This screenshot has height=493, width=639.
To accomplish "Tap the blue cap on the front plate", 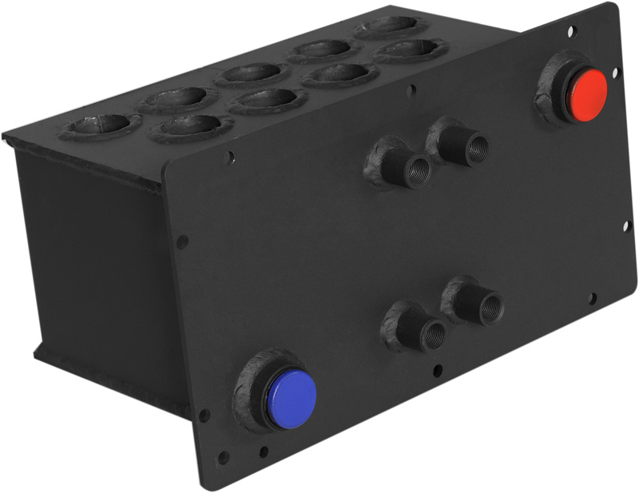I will (x=292, y=398).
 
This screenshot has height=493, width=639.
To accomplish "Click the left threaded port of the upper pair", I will (x=416, y=170).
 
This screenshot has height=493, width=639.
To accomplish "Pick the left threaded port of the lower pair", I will (x=432, y=333).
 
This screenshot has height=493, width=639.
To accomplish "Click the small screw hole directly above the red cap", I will (x=570, y=32).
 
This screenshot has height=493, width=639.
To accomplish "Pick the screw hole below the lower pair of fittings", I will (x=436, y=371).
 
